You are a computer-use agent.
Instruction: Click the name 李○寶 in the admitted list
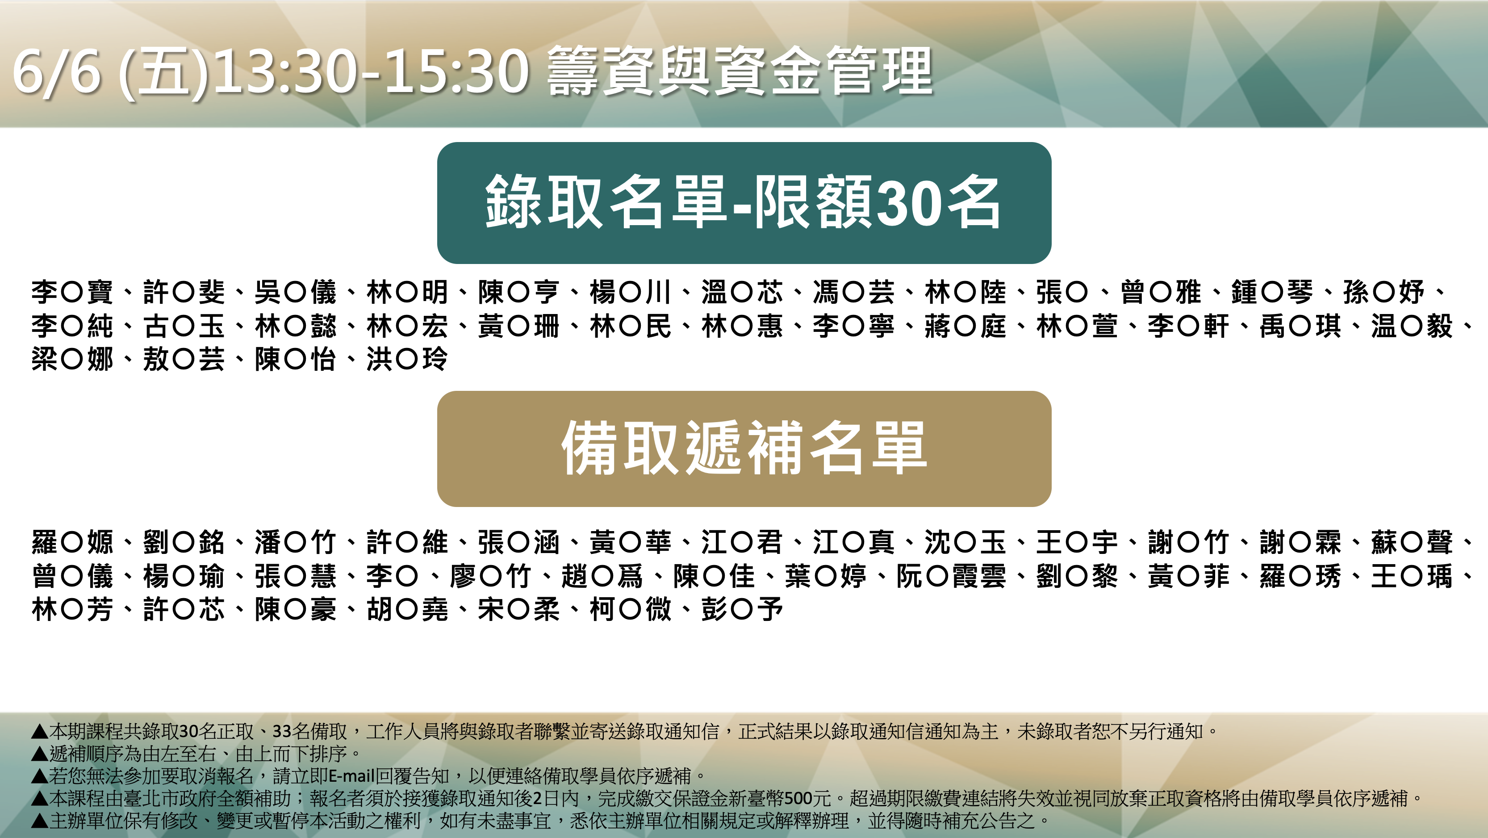72,293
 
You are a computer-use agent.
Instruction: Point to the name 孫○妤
1384,293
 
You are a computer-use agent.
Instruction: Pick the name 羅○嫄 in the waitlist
72,543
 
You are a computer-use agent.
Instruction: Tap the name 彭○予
742,610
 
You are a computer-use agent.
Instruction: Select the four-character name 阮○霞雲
951,576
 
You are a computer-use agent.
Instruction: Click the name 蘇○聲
1412,543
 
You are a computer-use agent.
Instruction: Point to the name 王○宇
1077,543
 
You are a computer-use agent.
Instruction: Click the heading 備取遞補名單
744,448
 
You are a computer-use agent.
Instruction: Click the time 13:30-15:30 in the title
371,71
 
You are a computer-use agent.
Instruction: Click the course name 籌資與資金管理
740,71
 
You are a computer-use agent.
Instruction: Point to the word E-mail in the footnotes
352,775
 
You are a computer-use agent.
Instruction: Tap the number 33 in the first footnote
282,731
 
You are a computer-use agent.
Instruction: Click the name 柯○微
630,610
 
